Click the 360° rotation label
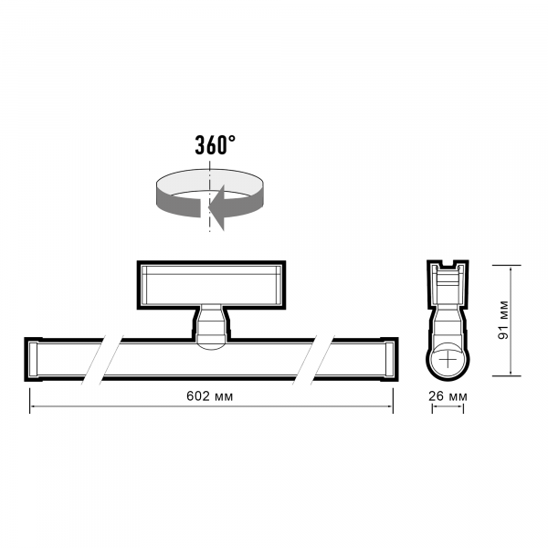pos(215,143)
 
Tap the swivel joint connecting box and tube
pos(210,327)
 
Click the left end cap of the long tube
pos(32,360)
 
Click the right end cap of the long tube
pos(389,360)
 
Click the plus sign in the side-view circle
pos(448,360)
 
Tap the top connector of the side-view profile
pos(448,274)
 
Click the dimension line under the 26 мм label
pos(448,409)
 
